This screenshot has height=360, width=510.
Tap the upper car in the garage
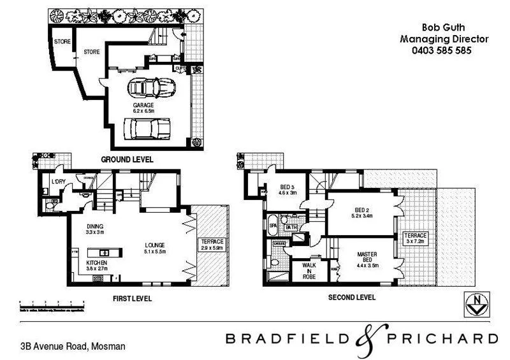(149, 87)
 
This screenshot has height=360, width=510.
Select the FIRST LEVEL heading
(132, 298)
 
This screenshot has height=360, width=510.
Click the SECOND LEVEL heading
(351, 298)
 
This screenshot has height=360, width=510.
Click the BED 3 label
(287, 187)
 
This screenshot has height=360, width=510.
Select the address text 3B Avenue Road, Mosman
(72, 347)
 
